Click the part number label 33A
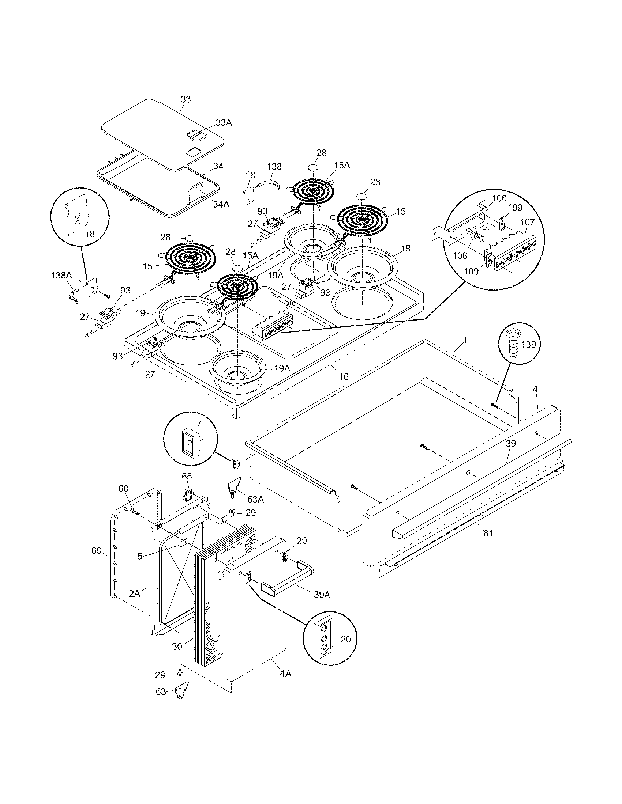tap(224, 123)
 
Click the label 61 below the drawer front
tap(488, 533)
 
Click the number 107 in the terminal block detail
tap(527, 223)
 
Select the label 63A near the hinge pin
tap(255, 500)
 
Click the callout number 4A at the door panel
tap(285, 674)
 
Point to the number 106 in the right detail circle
tap(499, 199)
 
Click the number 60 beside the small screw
tap(123, 489)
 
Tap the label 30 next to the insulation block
tap(177, 646)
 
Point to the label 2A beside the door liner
tap(134, 593)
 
